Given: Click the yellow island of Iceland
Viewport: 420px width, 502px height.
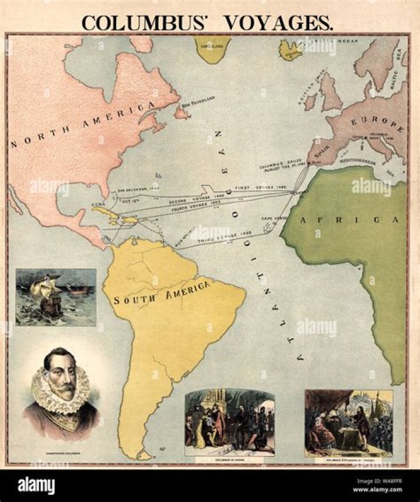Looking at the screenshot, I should pyautogui.click(x=290, y=50).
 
